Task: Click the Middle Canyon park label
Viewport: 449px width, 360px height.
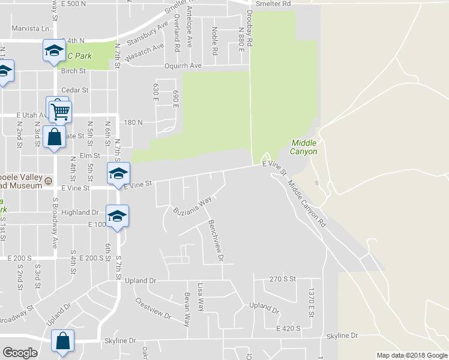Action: coord(304,147)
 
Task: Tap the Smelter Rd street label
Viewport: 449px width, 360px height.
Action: coord(273,4)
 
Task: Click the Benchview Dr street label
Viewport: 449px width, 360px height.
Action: coord(216,241)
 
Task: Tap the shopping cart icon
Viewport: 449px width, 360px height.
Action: coord(60,110)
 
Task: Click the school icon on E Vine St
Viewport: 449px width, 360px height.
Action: coord(118,174)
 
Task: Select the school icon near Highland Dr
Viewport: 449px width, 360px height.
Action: coord(117,216)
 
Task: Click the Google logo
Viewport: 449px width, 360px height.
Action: coord(20,353)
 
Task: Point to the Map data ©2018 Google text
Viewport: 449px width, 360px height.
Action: coord(411,355)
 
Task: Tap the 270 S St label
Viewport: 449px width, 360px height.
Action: coord(283,279)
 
